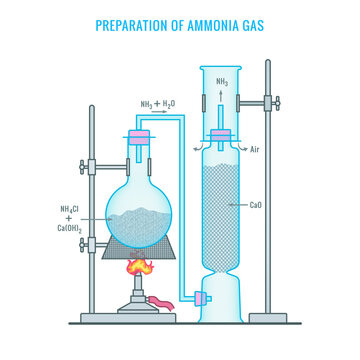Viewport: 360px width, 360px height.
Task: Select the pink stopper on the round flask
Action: point(139,139)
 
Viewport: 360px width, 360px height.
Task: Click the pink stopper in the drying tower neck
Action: point(221,136)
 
